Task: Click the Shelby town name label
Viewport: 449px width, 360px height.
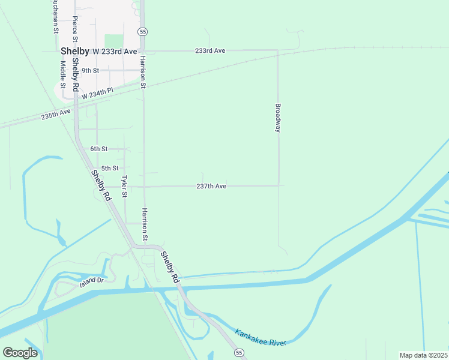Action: pos(74,51)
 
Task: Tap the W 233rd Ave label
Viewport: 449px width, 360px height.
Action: pos(115,52)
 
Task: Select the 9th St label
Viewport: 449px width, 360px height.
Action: pos(91,70)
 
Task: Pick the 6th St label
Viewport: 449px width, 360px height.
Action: pos(98,149)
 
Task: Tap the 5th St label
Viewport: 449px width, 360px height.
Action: pos(110,168)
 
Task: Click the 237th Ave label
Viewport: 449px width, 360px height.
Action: pos(211,187)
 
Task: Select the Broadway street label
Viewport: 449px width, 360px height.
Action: pos(278,118)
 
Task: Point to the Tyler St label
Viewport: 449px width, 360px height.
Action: pos(125,187)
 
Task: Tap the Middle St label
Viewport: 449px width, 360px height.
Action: pos(62,73)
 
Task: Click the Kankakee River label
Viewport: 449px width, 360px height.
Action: pos(261,338)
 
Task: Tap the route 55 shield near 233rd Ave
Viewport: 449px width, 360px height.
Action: pos(142,31)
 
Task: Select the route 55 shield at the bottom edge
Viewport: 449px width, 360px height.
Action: pos(240,355)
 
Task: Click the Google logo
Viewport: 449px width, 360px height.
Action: pos(20,353)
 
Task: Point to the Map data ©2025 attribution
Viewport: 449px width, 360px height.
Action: pos(423,355)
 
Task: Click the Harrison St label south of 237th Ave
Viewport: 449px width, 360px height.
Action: pos(145,225)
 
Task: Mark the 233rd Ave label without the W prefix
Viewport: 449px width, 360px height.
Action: pos(210,51)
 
